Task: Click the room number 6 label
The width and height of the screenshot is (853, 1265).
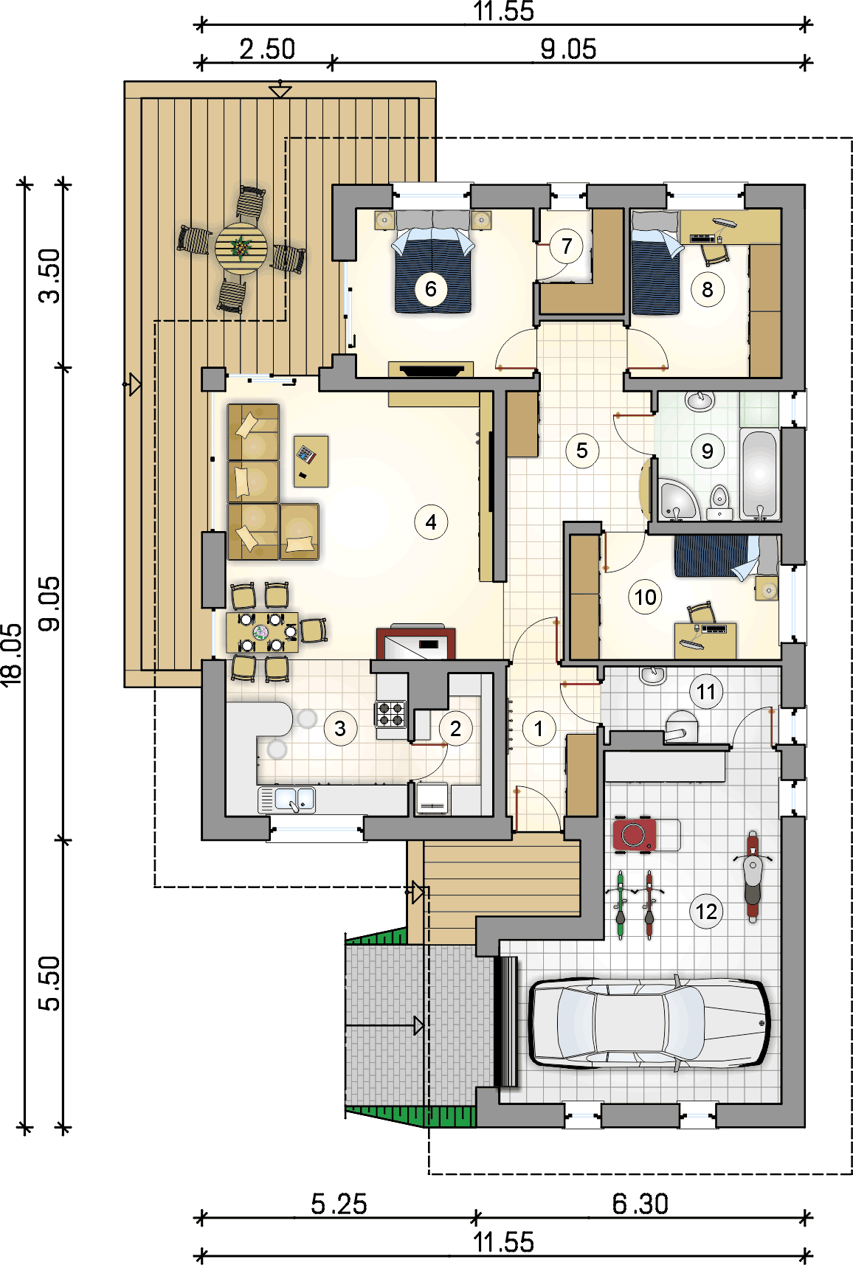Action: click(431, 288)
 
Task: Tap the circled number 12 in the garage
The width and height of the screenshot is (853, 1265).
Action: click(706, 912)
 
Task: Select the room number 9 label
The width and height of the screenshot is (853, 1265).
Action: click(707, 451)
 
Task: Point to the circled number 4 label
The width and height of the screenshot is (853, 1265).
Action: click(431, 522)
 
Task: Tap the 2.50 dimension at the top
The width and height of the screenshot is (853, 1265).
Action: click(267, 49)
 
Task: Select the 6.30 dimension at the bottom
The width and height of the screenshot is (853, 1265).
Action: click(640, 1204)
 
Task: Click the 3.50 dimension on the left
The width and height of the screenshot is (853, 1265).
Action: click(50, 276)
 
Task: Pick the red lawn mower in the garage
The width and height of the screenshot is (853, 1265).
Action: click(635, 834)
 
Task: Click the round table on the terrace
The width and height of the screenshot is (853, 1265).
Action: click(241, 249)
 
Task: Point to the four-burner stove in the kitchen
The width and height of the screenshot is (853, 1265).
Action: click(390, 714)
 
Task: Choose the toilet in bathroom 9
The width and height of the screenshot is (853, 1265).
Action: click(719, 503)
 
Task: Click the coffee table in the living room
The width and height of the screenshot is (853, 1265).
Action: click(311, 461)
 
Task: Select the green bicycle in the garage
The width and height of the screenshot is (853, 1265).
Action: click(621, 904)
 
